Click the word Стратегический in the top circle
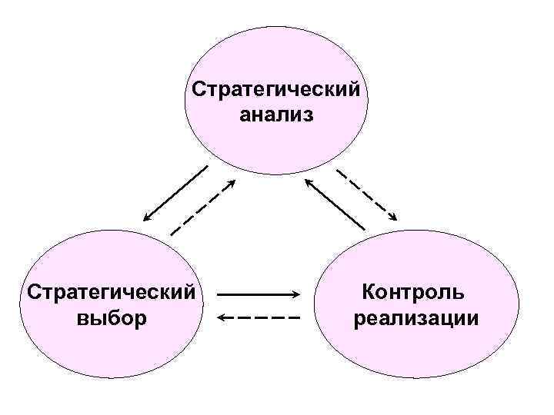point(276,90)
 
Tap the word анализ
point(276,116)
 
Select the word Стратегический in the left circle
point(110,292)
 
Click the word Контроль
point(413,292)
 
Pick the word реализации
point(415,318)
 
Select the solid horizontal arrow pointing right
point(258,294)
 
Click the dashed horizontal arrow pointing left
point(258,317)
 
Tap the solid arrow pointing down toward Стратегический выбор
point(175,192)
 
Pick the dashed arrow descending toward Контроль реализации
point(367,192)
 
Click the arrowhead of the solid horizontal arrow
point(295,294)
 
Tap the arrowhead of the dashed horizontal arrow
point(221,317)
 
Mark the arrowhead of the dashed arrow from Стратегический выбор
point(232,183)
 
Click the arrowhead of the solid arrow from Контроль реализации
point(308,182)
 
